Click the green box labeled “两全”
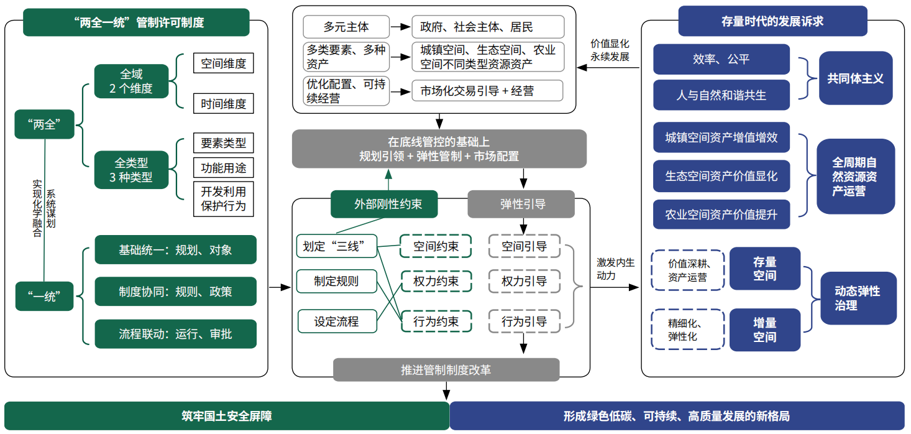coord(45,124)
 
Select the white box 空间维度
coord(224,64)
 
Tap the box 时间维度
coord(224,104)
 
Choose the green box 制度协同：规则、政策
coord(175,291)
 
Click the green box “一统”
coord(45,296)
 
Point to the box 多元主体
coord(346,27)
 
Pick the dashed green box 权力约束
coord(436,282)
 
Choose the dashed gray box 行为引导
coord(524,321)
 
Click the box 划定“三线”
coord(337,246)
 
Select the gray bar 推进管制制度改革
coord(446,370)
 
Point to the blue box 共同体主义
coord(855,78)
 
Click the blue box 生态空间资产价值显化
coord(721,176)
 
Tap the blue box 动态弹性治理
coord(858,298)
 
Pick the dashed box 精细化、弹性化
coord(687,330)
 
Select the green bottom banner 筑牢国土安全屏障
coord(226,416)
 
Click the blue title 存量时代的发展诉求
coord(772,21)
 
